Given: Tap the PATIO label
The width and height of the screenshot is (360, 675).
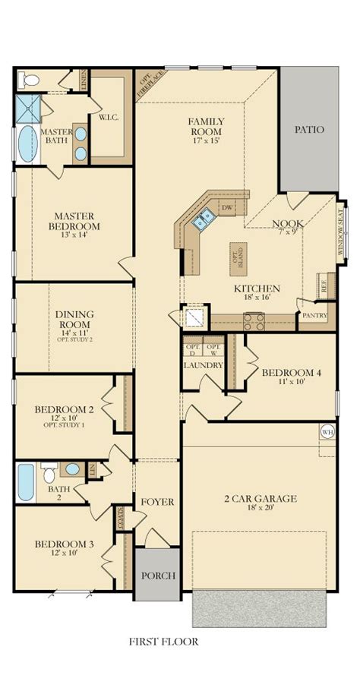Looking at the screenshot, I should pos(309,130).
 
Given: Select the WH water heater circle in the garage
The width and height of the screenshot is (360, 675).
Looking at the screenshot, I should pos(328,431).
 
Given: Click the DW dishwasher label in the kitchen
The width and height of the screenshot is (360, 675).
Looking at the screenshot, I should pos(226,207).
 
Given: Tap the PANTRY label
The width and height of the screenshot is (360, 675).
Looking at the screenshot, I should pos(314,314).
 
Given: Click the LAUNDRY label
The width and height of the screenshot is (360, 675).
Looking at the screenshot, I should pos(204,365).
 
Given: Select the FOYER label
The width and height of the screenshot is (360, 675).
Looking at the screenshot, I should pos(157,502).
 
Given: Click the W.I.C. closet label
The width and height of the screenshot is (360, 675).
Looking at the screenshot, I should pos(106,118).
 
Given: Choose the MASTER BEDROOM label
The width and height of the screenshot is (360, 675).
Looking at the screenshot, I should pos(74,220).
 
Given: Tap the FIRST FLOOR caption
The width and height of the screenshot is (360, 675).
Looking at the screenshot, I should pos(163,642).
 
